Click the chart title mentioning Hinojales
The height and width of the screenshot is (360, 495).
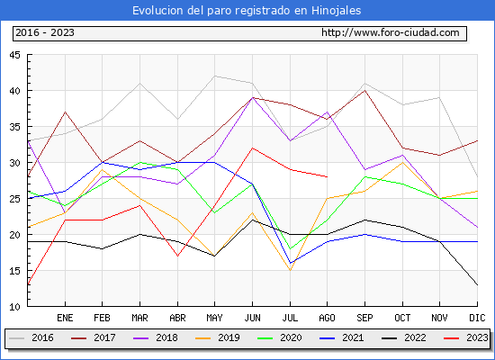[247, 11]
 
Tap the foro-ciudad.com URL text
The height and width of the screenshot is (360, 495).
[391, 32]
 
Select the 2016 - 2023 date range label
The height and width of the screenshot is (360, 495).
[45, 32]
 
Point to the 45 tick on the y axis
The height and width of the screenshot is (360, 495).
[14, 55]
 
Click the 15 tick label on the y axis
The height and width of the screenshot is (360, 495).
[14, 271]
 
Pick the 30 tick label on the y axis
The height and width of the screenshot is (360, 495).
[14, 163]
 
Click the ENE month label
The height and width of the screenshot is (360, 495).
[65, 318]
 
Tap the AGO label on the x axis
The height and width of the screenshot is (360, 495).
[327, 318]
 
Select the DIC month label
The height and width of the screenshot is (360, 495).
[477, 318]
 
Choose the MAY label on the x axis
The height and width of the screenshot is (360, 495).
[215, 318]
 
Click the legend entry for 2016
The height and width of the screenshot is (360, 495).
[31, 337]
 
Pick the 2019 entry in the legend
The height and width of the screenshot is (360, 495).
[218, 337]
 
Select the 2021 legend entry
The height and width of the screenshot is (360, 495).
[342, 337]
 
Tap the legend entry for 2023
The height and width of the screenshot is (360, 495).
[466, 337]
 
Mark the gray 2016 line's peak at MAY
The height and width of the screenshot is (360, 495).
[215, 76]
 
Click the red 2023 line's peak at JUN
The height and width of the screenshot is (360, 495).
[252, 148]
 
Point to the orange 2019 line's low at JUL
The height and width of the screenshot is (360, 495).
[290, 270]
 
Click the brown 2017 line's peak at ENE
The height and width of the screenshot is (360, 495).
[65, 112]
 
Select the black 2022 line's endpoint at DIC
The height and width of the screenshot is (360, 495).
[477, 284]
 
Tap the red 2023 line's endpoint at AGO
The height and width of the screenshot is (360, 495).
[328, 176]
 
